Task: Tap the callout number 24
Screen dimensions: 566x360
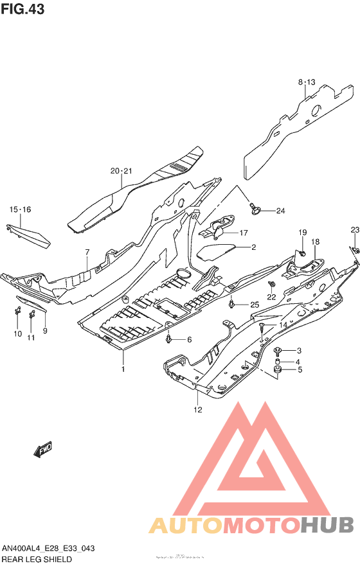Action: tap(280, 211)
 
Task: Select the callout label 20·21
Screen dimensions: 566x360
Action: tap(121, 171)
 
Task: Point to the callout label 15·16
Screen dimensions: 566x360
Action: tap(20, 210)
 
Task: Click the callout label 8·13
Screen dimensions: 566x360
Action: tap(307, 82)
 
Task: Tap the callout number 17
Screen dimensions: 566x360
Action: tap(244, 233)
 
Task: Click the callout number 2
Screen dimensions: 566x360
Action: tap(253, 247)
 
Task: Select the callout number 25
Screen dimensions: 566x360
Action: tap(254, 304)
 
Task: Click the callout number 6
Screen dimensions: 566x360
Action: tap(189, 339)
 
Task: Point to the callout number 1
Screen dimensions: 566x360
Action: tap(123, 369)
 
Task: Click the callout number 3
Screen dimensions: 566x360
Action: tap(298, 350)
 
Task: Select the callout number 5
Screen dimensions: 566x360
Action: tap(298, 370)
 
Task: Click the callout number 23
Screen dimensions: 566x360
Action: tap(354, 230)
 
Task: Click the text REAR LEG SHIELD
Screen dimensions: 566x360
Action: tap(37, 559)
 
